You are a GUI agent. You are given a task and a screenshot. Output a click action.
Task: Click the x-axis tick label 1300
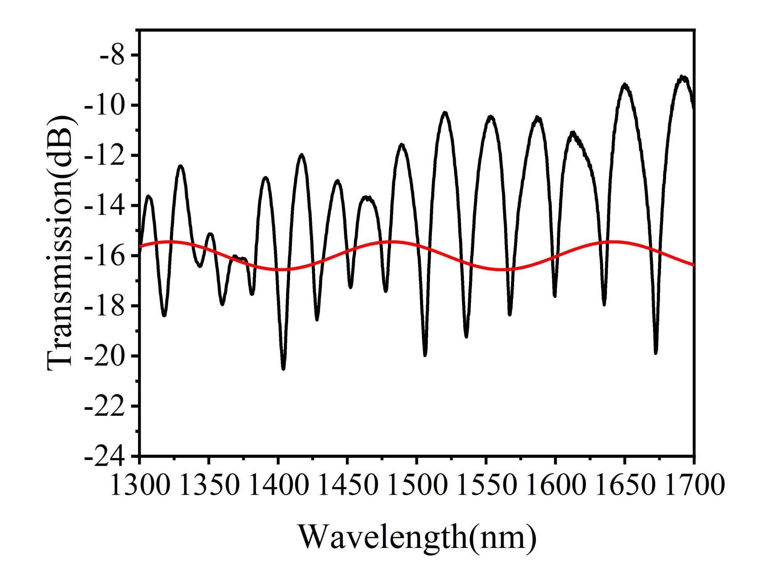140,484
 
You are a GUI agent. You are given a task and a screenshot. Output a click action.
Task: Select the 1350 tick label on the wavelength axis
209,484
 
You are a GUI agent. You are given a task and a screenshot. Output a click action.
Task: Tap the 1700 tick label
694,484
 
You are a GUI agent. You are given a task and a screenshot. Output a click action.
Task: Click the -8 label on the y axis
112,55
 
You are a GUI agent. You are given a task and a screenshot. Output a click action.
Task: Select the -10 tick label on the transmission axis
104,106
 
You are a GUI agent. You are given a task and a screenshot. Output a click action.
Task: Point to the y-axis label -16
104,256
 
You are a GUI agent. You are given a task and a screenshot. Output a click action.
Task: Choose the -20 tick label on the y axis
104,356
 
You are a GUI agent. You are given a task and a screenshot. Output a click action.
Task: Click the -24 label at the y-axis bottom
104,456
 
